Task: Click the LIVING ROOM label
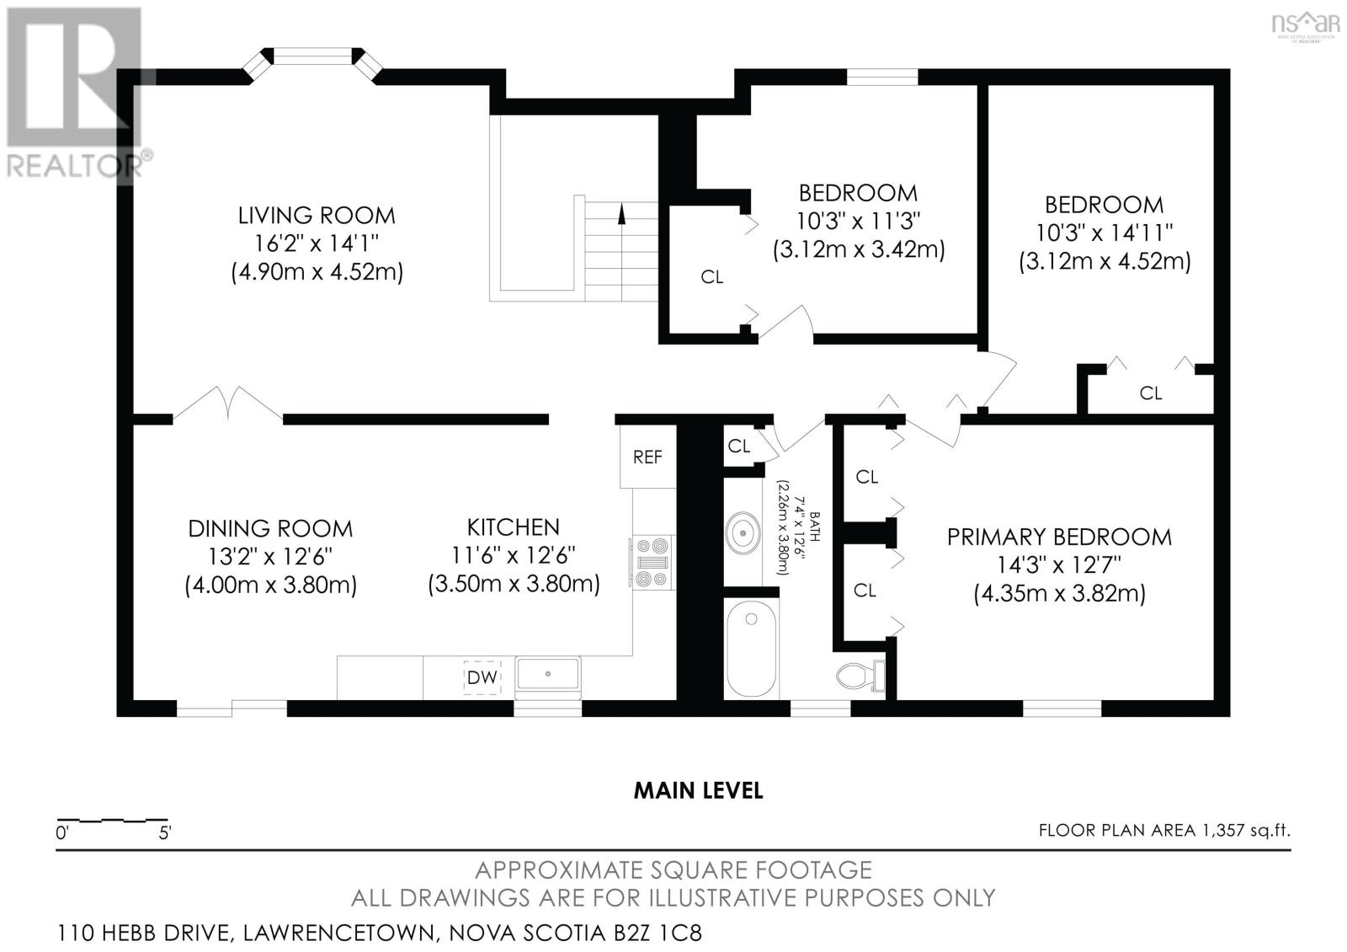[317, 216]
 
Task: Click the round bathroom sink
[743, 532]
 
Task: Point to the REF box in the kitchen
[647, 457]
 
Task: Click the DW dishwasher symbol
[482, 677]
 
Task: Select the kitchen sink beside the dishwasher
[548, 675]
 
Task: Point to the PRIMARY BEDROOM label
[1059, 537]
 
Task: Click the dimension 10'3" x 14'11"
[1104, 233]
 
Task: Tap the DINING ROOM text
[270, 528]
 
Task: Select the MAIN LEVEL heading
[698, 790]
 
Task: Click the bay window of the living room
[312, 56]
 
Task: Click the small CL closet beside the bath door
[739, 446]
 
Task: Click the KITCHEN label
[514, 527]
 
